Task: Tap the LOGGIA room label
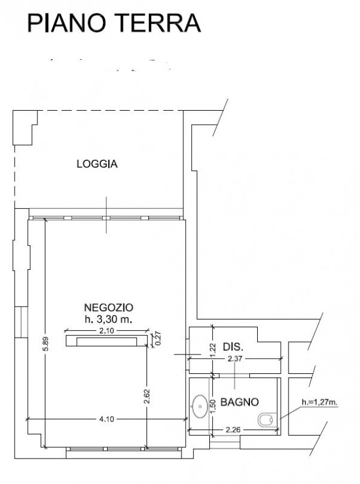[x=97, y=163]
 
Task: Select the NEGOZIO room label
[x=109, y=307]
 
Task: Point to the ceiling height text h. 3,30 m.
[x=109, y=319]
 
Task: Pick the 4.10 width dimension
[x=106, y=419]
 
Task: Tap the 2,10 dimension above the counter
[x=106, y=331]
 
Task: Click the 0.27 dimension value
[x=159, y=338]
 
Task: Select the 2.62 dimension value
[x=146, y=396]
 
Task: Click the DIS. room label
[x=233, y=347]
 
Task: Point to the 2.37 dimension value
[x=234, y=359]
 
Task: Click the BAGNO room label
[x=239, y=402]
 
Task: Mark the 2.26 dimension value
[x=233, y=430]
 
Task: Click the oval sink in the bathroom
[x=200, y=406]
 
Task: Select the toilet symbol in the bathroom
[x=266, y=420]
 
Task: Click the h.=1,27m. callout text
[x=319, y=402]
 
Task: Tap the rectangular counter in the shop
[x=107, y=341]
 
